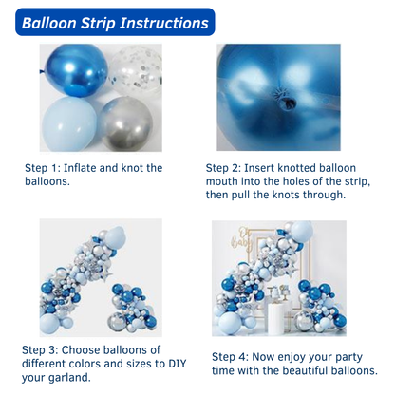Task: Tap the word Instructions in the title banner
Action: click(x=164, y=23)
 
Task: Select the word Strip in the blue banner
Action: click(x=98, y=24)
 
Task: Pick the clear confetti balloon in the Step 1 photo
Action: click(x=137, y=71)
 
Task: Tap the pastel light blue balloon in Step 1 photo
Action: click(x=69, y=123)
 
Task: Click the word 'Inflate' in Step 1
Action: click(x=80, y=168)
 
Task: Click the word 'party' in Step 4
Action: click(x=348, y=358)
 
